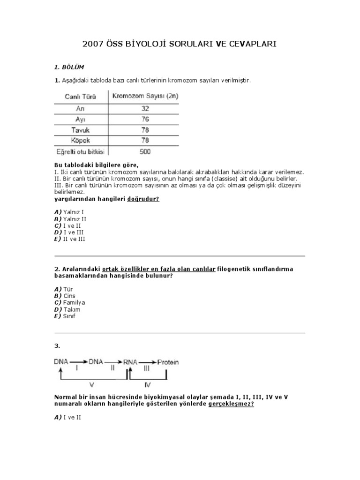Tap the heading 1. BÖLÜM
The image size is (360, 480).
69,67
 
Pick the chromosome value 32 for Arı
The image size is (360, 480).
145,108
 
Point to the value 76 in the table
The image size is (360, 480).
145,119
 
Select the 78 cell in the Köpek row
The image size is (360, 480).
145,141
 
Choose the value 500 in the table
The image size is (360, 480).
145,152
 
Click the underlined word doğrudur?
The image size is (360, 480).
143,199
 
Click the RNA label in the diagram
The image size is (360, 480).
129,362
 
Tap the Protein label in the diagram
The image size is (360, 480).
168,362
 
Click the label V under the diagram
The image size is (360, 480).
91,385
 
